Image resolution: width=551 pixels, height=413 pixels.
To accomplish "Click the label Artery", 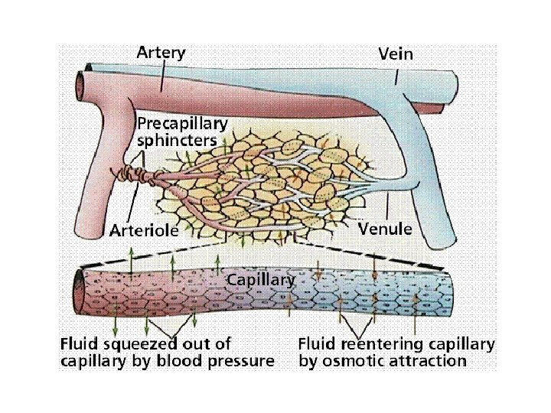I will [161, 53].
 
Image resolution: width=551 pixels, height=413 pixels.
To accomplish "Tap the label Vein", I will [396, 54].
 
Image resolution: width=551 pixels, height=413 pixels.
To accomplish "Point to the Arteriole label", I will [144, 229].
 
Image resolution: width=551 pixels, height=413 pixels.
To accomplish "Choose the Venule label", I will [385, 229].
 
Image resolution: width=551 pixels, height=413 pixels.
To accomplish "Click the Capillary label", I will [260, 280].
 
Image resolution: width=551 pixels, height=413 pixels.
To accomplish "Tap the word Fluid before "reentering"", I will [318, 343].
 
